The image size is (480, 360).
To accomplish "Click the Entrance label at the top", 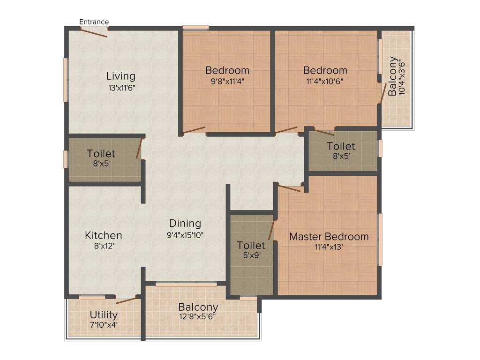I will (94, 22).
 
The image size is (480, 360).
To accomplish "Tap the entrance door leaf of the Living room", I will (94, 32).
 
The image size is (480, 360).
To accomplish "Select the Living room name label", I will (120, 76).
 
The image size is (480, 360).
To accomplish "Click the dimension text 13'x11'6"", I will (121, 87).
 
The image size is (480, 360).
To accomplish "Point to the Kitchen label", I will (104, 235).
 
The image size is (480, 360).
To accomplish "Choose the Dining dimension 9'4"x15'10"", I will (185, 235).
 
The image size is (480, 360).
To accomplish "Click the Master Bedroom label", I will (329, 237).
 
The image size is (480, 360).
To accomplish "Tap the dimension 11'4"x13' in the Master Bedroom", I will (329, 247).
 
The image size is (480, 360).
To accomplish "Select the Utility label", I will (104, 315).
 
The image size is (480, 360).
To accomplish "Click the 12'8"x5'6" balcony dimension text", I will (198, 317).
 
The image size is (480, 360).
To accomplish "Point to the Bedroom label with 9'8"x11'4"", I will (227, 70).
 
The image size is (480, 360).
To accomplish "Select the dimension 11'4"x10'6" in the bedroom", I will (325, 81).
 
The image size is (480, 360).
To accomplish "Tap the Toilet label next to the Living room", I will (101, 154).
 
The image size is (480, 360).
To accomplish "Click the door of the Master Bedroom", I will (289, 188).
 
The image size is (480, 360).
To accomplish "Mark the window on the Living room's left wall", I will (66, 80).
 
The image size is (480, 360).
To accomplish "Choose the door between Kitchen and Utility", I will (127, 300).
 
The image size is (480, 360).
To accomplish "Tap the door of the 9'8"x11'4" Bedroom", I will (194, 130).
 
